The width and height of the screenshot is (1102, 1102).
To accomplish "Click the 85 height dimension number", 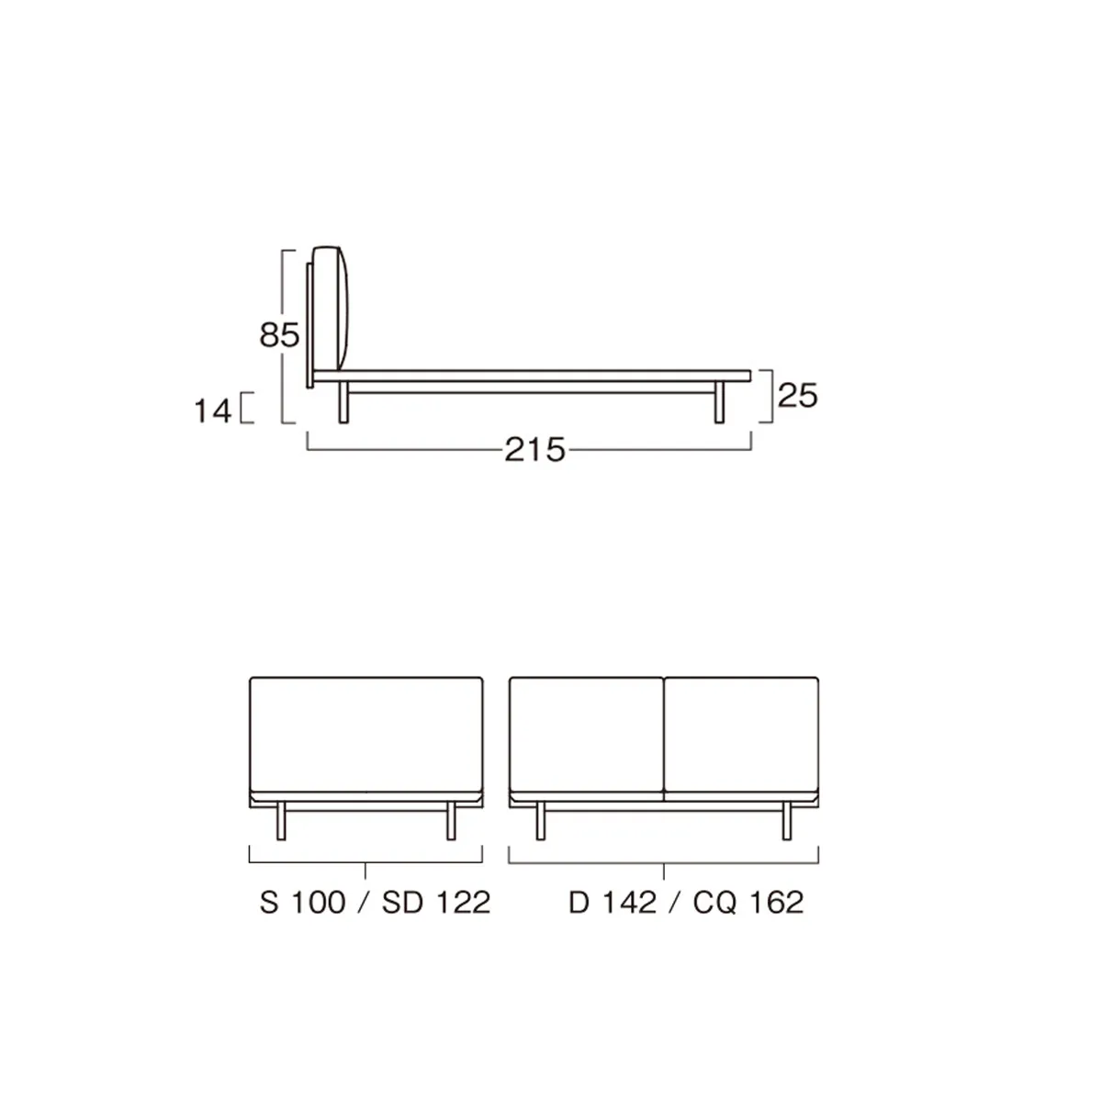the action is click(279, 335).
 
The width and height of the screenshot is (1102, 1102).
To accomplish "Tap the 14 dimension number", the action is click(213, 411).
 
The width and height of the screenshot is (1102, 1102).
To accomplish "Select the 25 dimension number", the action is click(798, 396).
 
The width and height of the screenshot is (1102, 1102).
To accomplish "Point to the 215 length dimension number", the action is click(535, 450).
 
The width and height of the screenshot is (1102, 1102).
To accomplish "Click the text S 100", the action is click(302, 903).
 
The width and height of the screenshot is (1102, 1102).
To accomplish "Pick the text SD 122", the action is click(436, 903).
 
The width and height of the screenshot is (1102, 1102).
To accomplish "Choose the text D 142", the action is click(613, 903).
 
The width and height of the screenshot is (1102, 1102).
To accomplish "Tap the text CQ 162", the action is click(748, 903).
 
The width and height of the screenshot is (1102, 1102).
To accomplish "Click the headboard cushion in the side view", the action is click(331, 309).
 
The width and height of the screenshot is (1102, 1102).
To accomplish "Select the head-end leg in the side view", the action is click(343, 402).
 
